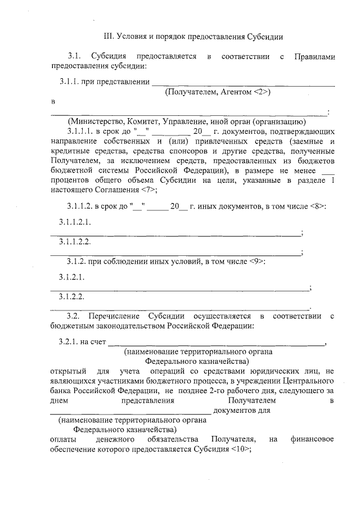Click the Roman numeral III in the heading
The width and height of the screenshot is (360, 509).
(x=110, y=36)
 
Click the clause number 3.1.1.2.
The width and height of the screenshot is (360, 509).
(x=79, y=206)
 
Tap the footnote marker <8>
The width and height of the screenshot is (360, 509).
(x=317, y=206)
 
